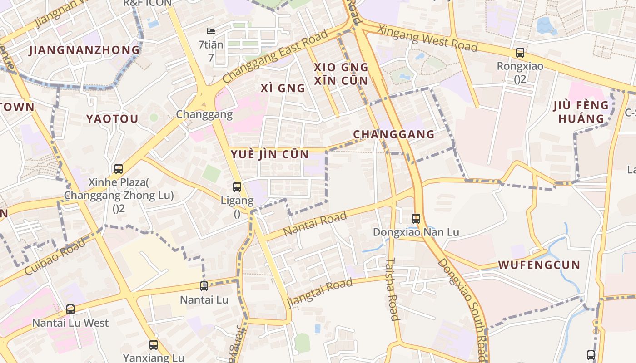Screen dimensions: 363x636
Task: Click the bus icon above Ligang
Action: coord(237,186)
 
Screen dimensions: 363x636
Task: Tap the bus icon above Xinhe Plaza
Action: coord(119,169)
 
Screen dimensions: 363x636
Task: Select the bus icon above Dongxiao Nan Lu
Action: coord(416,219)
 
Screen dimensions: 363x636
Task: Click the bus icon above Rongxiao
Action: coord(520,53)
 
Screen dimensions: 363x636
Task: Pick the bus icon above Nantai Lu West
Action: coord(70,309)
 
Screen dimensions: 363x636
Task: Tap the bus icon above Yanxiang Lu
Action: coord(154,345)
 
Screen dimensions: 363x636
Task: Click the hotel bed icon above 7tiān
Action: coord(211,31)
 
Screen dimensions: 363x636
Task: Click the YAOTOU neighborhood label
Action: coord(112,119)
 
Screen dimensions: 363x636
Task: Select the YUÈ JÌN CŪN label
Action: coord(270,154)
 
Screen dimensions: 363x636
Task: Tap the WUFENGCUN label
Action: coord(539,265)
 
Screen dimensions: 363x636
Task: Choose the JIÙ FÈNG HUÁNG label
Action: coord(581,113)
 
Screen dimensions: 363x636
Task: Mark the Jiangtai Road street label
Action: coord(320,292)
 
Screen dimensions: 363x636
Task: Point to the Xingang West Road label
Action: coord(427,38)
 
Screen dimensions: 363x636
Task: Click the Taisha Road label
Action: coord(393,289)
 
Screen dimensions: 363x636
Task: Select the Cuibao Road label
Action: coord(55,257)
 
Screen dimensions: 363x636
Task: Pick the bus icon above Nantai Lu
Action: coord(204,286)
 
